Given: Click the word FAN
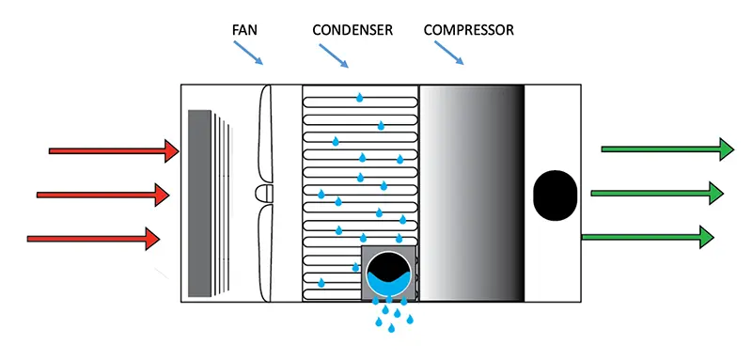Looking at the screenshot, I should tap(244, 30).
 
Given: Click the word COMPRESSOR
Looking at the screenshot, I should tap(469, 30).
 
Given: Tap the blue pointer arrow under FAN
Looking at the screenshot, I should tap(248, 53).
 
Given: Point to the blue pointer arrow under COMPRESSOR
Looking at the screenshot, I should tap(449, 53).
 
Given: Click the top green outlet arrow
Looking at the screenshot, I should tap(666, 149).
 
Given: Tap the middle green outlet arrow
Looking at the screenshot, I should tap(657, 193).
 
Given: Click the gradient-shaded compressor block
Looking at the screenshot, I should tap(471, 194).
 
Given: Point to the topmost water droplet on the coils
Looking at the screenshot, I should tap(359, 98).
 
